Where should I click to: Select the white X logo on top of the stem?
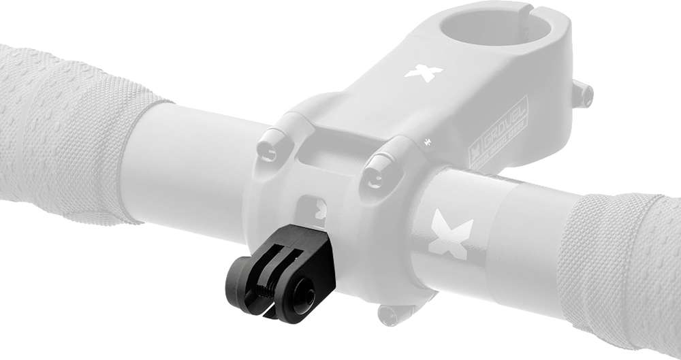coord(423,71)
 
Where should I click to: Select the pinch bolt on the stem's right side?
coord(584,95)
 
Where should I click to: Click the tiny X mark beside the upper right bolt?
coord(428,142)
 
